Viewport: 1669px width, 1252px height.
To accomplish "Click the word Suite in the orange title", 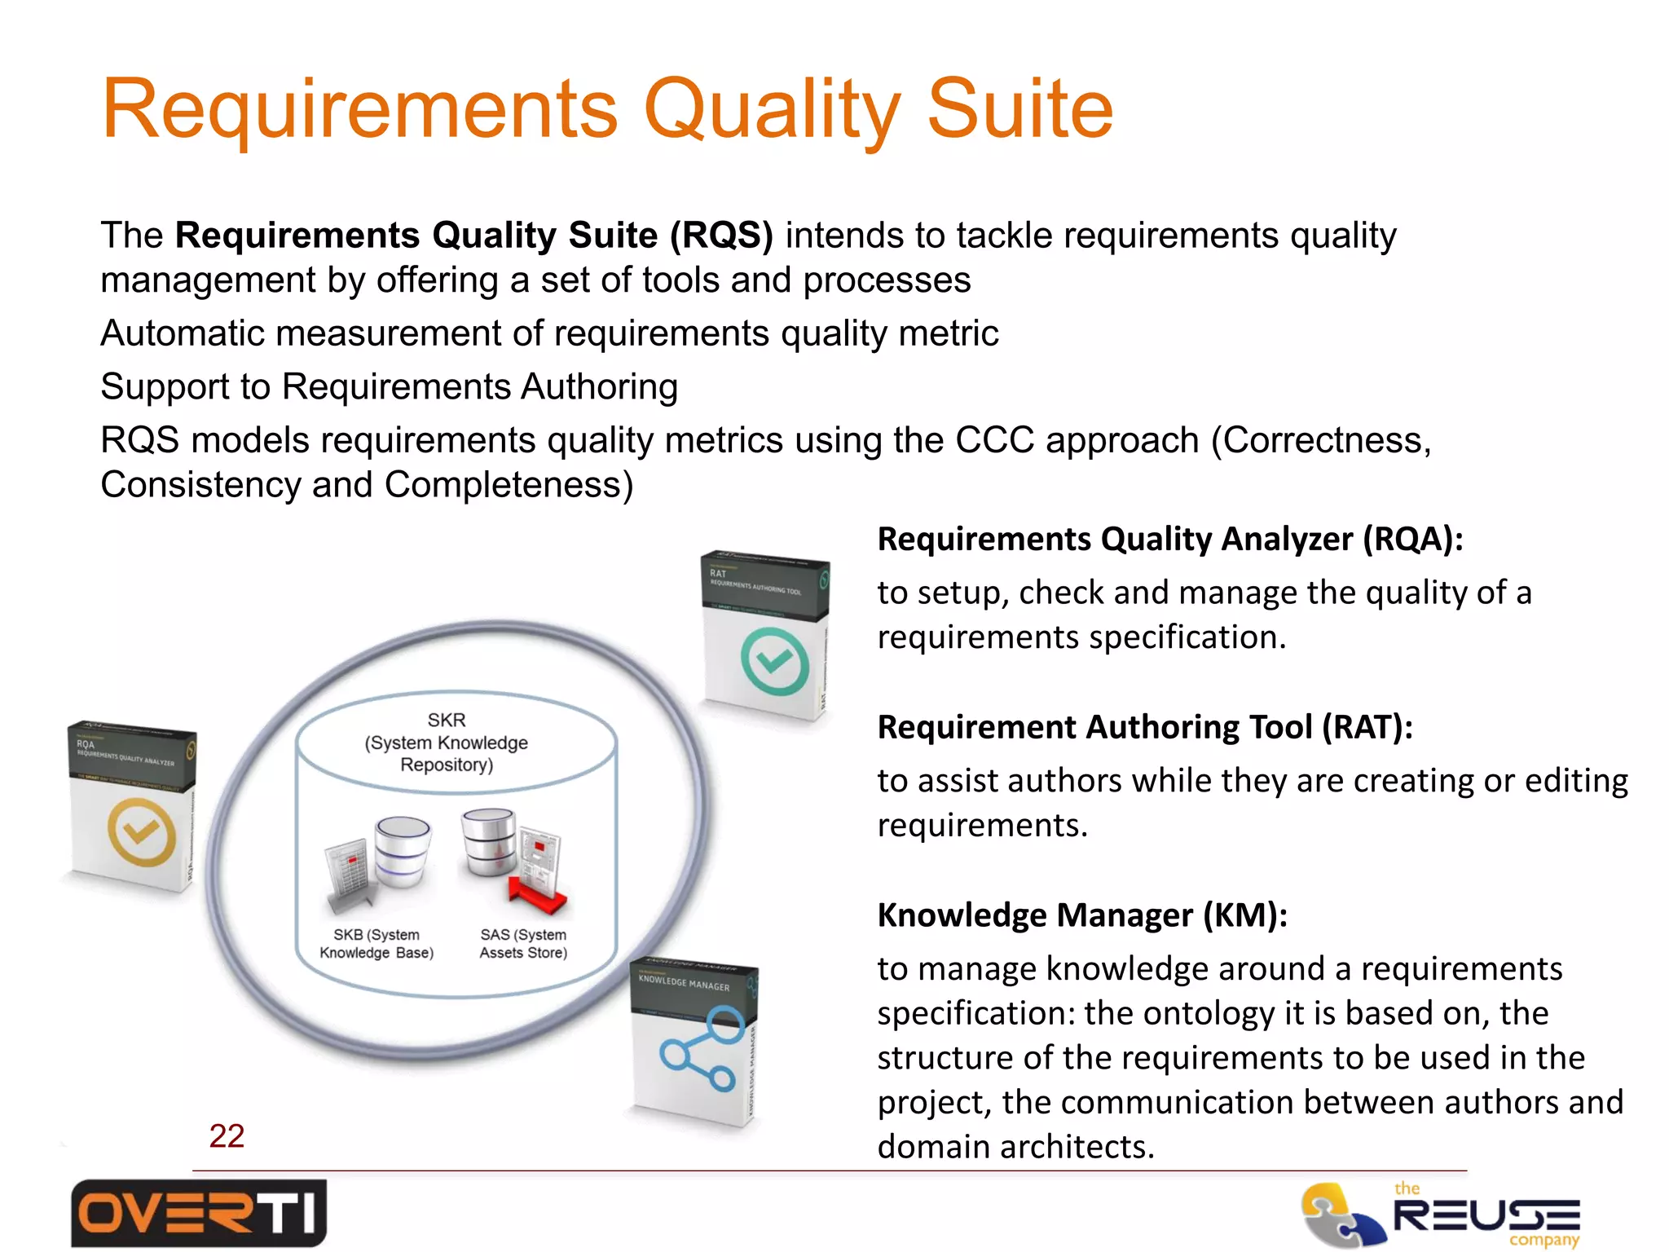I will coord(1019,109).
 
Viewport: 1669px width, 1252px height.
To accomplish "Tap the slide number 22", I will coord(227,1135).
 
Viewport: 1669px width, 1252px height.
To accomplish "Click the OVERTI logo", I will coord(199,1213).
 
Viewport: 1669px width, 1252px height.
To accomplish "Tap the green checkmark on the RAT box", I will coord(774,660).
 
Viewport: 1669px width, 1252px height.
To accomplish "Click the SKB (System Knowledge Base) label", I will coord(377,944).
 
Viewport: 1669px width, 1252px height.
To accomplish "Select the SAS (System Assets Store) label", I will coord(523,944).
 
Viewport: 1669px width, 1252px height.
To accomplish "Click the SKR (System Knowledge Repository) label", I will coord(447,742).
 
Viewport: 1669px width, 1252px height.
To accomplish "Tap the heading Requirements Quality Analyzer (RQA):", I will coord(1170,540).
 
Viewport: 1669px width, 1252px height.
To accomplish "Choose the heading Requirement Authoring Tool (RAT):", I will coord(1145,727).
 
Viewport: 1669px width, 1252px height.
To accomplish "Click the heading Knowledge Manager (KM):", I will coord(1082,915).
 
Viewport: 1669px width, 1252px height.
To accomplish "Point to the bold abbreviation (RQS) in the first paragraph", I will coord(720,236).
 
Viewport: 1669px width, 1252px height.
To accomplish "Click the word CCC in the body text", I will coord(995,440).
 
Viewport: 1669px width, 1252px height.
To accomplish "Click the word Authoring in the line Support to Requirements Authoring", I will coord(599,386).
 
